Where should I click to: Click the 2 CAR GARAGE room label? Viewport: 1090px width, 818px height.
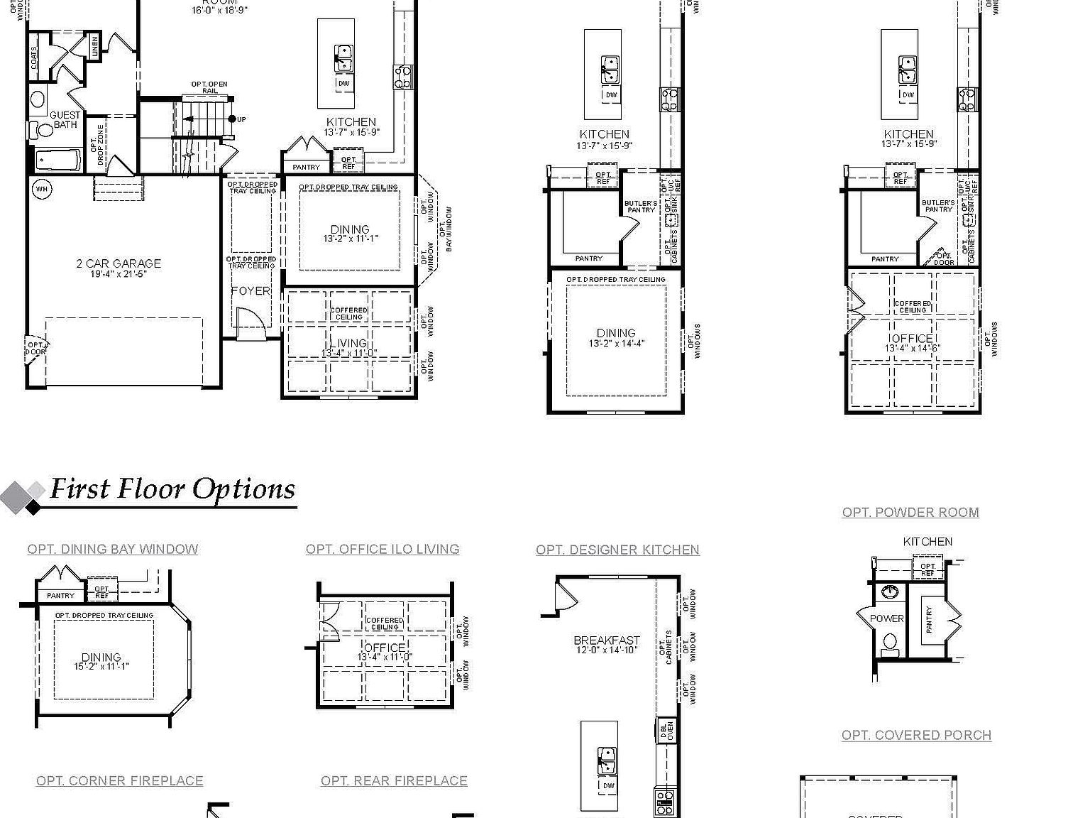click(x=119, y=263)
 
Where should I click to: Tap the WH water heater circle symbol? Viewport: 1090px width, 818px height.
click(x=41, y=189)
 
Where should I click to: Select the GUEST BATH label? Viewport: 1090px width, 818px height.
click(x=65, y=119)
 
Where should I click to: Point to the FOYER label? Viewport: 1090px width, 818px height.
click(x=250, y=291)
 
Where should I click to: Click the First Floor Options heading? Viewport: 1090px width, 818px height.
click(x=172, y=489)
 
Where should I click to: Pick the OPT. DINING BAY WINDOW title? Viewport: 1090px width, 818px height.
click(x=113, y=549)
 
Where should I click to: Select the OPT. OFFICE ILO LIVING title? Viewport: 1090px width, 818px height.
click(x=382, y=549)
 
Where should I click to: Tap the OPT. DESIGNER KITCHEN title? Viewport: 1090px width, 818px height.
click(x=617, y=550)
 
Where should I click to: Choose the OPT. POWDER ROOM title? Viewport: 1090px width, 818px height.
click(x=910, y=512)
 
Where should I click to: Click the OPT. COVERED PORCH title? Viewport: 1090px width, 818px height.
click(x=916, y=735)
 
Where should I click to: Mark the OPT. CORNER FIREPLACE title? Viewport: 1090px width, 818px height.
click(x=120, y=780)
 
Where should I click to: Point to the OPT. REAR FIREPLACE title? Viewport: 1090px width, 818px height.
click(x=394, y=780)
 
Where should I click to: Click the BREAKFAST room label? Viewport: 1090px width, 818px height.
click(x=607, y=640)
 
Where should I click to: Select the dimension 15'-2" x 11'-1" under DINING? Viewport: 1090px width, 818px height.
click(x=101, y=667)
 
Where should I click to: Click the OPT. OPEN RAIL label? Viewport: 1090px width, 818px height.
click(x=209, y=87)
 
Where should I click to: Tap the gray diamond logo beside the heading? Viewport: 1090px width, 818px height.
click(x=23, y=496)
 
